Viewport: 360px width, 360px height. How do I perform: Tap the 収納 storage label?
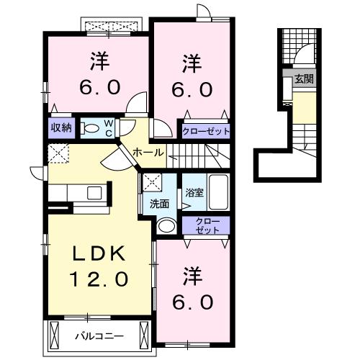60,127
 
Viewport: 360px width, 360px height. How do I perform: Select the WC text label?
107,127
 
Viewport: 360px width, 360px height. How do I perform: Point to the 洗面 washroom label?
160,204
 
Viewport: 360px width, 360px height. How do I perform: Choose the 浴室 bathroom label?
194,192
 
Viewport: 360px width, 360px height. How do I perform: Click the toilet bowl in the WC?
89,128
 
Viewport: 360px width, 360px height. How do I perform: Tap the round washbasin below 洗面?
166,226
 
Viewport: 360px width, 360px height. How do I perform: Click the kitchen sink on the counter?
93,193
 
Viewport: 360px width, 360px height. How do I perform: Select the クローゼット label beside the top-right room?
205,132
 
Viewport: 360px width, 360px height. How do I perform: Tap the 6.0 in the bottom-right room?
192,302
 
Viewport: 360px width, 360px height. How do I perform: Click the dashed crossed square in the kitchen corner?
57,153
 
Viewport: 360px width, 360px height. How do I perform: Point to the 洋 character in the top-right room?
191,62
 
